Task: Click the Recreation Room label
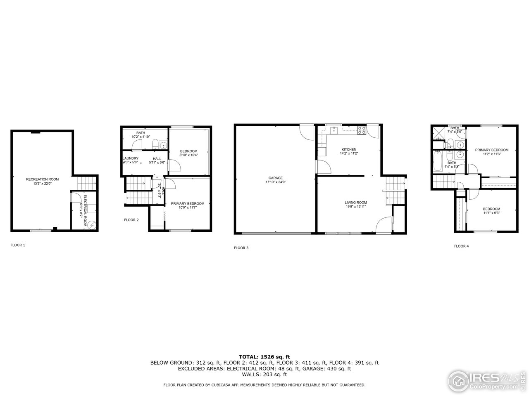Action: coord(42,179)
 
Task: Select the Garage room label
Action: coord(275,178)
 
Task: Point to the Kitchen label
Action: coord(349,149)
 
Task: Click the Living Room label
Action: coord(356,203)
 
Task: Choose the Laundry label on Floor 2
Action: coord(130,158)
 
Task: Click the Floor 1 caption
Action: coord(18,245)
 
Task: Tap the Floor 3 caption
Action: coord(241,248)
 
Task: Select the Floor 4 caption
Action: coord(462,246)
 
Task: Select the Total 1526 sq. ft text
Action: coord(264,356)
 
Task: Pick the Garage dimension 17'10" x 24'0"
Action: coord(275,182)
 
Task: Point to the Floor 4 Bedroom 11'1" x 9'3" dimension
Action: coord(491,213)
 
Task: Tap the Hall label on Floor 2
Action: coord(157,158)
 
